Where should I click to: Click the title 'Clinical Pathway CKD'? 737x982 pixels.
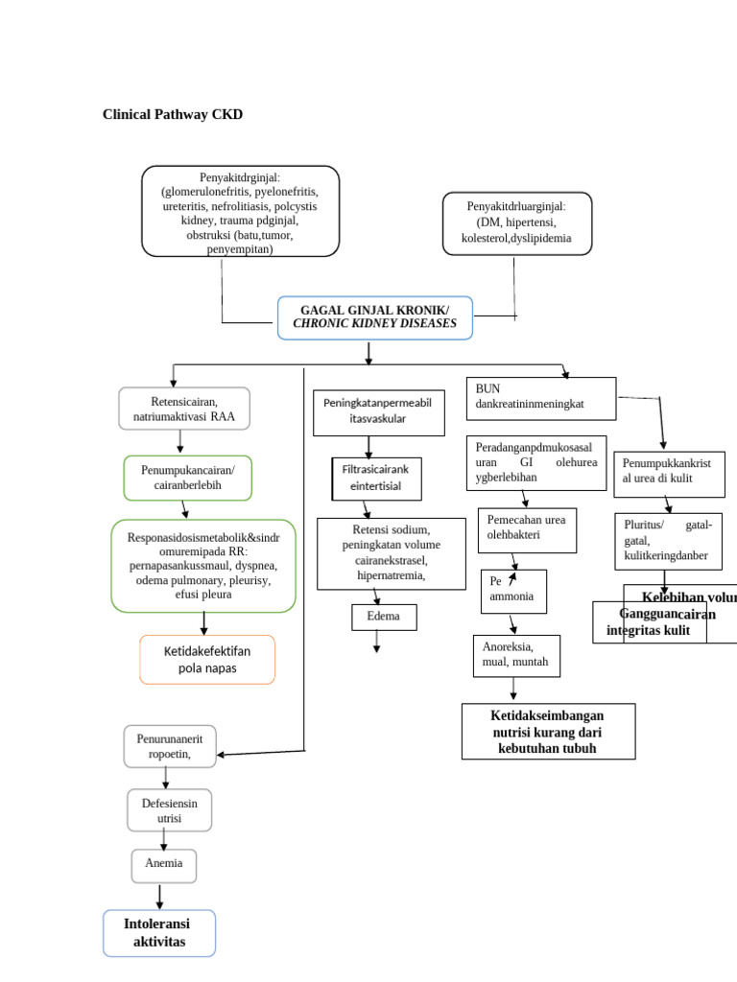pos(173,115)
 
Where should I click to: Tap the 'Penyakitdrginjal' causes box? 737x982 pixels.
pos(240,211)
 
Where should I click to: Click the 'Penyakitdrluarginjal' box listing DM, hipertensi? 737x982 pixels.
pos(516,222)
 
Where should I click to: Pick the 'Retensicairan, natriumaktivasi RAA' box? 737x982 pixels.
pos(184,409)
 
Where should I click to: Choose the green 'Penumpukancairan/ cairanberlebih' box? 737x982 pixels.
pos(187,478)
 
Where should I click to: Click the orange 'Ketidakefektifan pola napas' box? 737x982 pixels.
pos(207,659)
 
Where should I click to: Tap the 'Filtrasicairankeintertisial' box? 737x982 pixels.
pos(376,478)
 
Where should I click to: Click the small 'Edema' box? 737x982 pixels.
pos(384,617)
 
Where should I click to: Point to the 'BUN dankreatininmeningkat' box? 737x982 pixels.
pos(540,398)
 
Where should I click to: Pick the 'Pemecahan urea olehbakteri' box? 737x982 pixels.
pos(527,529)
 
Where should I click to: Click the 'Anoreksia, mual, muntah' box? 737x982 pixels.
pos(516,655)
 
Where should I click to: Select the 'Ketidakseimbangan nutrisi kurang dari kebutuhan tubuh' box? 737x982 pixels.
pos(548,731)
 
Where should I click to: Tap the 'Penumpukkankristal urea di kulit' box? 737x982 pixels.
pos(669,474)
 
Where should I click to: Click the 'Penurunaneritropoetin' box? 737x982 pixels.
pos(170,746)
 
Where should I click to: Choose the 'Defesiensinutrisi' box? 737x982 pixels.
pos(170,809)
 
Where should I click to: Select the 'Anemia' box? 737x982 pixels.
pos(164,865)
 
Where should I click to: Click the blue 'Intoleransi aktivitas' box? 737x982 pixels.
pos(159,933)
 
